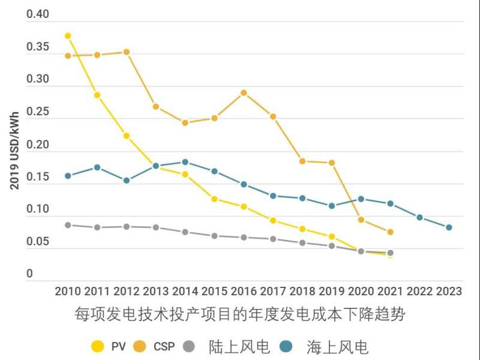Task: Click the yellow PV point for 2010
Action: point(68,36)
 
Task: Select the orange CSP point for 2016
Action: point(244,93)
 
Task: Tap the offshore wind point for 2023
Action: point(449,227)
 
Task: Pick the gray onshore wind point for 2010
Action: point(68,225)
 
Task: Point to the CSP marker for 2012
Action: point(127,52)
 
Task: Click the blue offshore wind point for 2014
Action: point(185,162)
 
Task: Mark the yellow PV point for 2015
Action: point(214,199)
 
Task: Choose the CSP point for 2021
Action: point(390,232)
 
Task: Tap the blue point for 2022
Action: point(419,217)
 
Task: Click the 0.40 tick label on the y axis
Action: point(37,14)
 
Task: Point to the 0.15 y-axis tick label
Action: point(37,177)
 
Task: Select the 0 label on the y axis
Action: point(29,274)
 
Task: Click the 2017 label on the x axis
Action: point(272,292)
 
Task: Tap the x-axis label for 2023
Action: point(449,292)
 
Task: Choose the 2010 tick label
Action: point(68,292)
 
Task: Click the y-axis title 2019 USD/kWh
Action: point(14,151)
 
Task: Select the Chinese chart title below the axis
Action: point(240,314)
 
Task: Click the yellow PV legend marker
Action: point(97,346)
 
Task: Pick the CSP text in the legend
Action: point(164,347)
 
